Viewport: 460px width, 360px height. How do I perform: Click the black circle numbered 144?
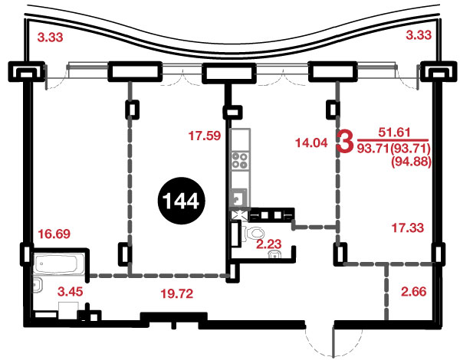[182, 201]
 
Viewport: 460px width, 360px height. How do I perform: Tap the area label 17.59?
[205, 136]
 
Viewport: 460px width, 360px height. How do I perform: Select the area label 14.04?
[311, 142]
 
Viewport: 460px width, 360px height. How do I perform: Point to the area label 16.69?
[54, 234]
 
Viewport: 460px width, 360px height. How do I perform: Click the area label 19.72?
[177, 293]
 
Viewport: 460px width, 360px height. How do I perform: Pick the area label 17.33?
[408, 227]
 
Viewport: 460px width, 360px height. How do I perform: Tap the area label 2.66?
[414, 292]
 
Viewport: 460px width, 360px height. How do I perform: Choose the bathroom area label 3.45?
[70, 292]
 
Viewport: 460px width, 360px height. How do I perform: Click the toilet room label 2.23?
[269, 244]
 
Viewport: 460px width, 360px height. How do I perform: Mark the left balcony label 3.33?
[50, 38]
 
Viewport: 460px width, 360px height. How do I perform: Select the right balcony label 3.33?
[419, 35]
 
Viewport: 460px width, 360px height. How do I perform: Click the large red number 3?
[345, 142]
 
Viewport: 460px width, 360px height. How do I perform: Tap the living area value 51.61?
[394, 133]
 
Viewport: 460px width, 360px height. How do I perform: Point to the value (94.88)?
[411, 162]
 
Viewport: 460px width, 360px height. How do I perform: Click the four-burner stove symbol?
[240, 161]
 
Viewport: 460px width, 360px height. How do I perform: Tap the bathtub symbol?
[59, 263]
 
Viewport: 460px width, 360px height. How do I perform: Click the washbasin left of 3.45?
[38, 285]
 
